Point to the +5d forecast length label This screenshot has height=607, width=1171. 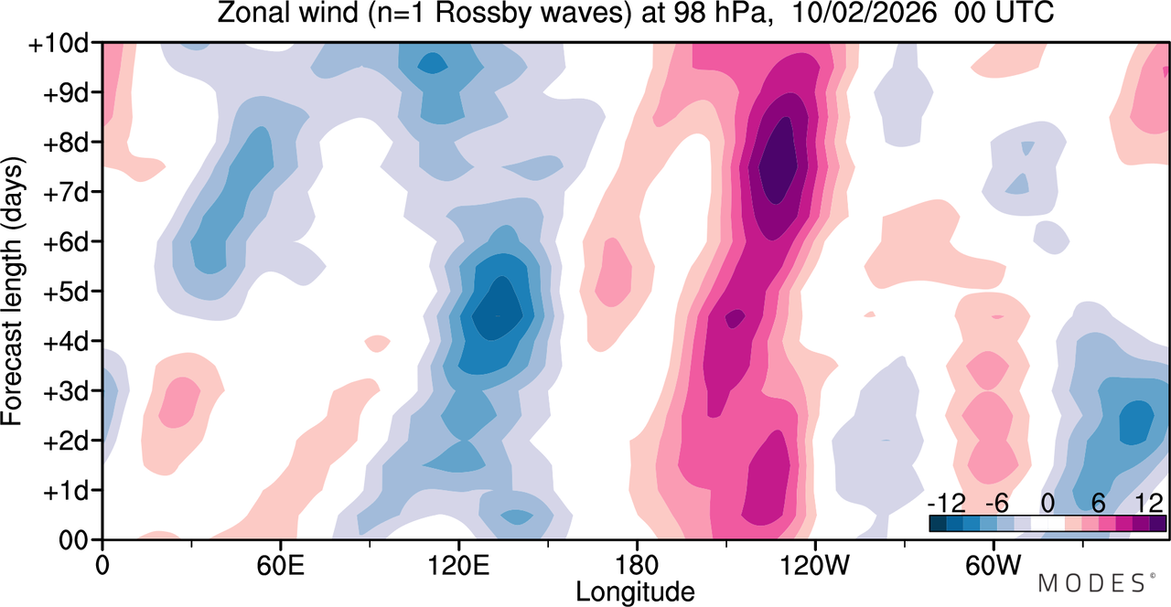click(65, 293)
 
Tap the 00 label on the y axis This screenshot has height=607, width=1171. click(72, 540)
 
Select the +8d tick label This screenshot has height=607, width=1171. click(65, 144)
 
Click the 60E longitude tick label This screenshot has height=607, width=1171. click(280, 565)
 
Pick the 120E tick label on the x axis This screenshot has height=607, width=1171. click(458, 565)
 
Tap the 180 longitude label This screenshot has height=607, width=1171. click(637, 565)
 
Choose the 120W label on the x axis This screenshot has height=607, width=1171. click(815, 565)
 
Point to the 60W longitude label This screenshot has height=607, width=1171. click(994, 565)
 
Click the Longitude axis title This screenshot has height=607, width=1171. click(635, 592)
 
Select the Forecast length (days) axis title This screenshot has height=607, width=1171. click(12, 291)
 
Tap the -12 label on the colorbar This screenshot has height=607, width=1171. click(946, 504)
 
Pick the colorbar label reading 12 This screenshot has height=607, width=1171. click(1149, 504)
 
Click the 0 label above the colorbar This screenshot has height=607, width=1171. click(1047, 504)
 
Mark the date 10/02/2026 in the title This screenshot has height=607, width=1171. click(865, 13)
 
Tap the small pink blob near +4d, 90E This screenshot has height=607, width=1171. click(377, 344)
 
